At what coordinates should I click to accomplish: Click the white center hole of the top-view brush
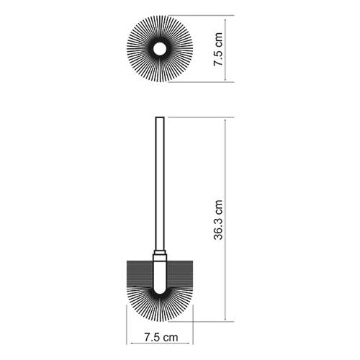[160, 49]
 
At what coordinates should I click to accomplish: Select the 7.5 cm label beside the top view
[218, 49]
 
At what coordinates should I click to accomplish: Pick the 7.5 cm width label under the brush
[161, 337]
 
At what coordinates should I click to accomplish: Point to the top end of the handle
[160, 117]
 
